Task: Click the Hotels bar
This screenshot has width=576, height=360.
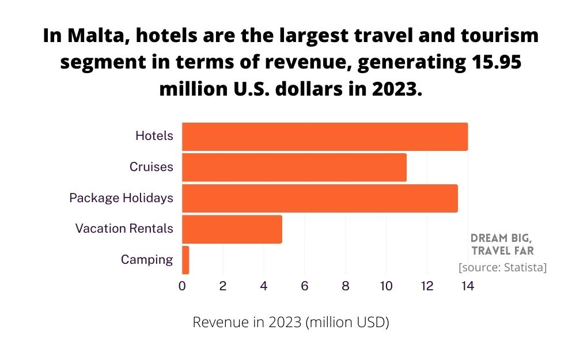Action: [x=325, y=137]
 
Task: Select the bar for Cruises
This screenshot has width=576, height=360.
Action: [x=294, y=167]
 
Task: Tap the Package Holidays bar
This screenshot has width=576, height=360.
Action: [x=320, y=198]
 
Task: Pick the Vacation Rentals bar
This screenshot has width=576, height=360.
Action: [x=232, y=229]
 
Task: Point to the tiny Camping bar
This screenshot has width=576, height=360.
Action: [x=185, y=260]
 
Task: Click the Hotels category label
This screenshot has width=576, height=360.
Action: [x=154, y=136]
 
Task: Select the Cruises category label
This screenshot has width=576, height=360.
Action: [x=151, y=167]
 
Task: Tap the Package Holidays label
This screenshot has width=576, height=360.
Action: [x=121, y=198]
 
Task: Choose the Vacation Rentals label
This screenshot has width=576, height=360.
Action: [x=124, y=229]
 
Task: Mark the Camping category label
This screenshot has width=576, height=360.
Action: [x=146, y=260]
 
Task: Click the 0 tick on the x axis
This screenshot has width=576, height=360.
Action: [x=182, y=286]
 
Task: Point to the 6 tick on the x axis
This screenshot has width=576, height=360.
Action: [x=305, y=286]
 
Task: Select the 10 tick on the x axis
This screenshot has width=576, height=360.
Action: [x=386, y=286]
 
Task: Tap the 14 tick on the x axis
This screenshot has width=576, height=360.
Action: [x=468, y=286]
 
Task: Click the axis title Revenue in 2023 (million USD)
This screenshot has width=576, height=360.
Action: [x=291, y=323]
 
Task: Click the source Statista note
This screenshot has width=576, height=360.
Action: [x=502, y=268]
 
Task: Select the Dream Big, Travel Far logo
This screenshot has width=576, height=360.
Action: [x=502, y=244]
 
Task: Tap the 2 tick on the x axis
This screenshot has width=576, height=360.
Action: [x=223, y=286]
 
